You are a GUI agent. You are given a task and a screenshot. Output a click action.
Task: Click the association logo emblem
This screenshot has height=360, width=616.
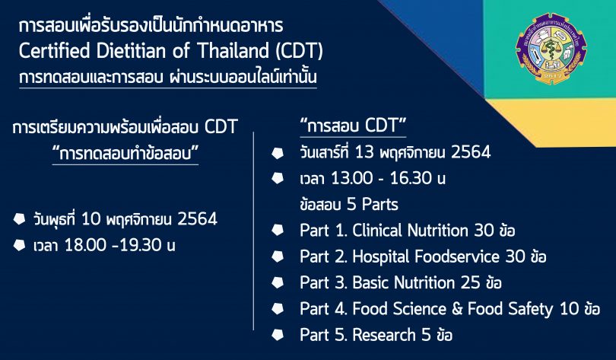pos(551,49)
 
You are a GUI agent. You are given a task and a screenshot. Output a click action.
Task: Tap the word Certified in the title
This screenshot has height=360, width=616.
pos(55,51)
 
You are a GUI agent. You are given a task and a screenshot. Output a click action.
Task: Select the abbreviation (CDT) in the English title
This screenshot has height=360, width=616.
pos(300,51)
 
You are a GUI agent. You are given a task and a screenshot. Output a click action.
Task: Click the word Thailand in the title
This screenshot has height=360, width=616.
pos(233,51)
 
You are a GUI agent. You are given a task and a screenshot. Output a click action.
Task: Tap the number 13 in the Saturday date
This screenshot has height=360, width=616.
pos(364,152)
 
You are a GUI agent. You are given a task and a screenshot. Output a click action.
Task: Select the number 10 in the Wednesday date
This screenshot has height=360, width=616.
pos(91,219)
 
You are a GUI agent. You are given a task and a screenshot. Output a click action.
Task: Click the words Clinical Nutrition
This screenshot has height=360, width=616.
pos(410,231)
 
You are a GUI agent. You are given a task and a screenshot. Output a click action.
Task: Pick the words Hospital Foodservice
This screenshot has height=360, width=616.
pos(426,256)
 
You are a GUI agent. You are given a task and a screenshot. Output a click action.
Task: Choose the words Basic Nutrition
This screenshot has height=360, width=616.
pos(404,282)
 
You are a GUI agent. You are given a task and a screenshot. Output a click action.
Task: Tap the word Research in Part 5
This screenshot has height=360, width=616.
pos(384,335)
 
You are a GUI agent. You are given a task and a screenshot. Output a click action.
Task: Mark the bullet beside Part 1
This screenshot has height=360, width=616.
pos(278,231)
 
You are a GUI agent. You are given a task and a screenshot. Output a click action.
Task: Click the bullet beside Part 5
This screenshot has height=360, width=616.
pos(278,335)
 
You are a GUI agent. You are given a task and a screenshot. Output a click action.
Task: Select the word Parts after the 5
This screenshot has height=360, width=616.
pos(380,205)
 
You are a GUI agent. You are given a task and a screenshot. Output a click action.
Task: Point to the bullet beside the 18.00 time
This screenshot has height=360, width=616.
pos(19,245)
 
